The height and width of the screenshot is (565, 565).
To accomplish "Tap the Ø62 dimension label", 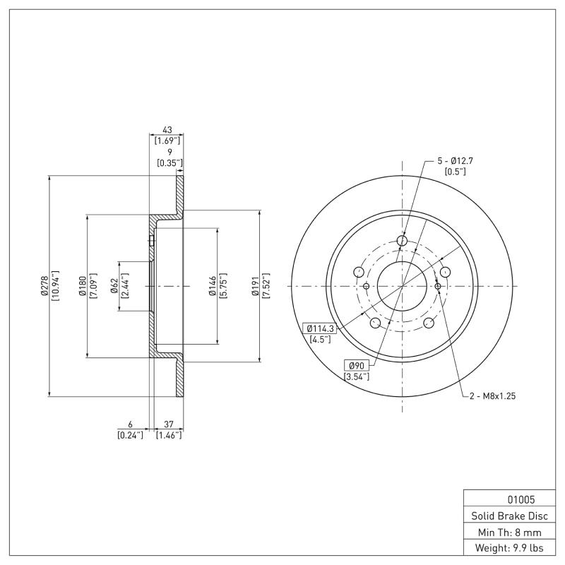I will tap(114, 286).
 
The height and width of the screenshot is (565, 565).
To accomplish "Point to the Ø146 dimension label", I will tap(212, 286).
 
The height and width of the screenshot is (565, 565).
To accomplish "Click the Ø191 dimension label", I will tap(256, 286).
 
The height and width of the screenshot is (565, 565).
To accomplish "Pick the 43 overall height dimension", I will tap(167, 131).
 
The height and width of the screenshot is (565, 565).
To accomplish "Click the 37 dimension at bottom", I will tap(169, 424).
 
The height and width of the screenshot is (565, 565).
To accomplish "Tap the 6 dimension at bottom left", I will tap(130, 424).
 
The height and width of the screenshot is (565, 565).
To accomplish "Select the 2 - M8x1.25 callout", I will tap(493, 396).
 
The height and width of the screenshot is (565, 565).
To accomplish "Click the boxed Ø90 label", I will tap(358, 365).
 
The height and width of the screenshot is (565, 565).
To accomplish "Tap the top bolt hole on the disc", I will tap(403, 242).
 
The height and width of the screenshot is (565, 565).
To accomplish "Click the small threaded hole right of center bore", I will tap(438, 286).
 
